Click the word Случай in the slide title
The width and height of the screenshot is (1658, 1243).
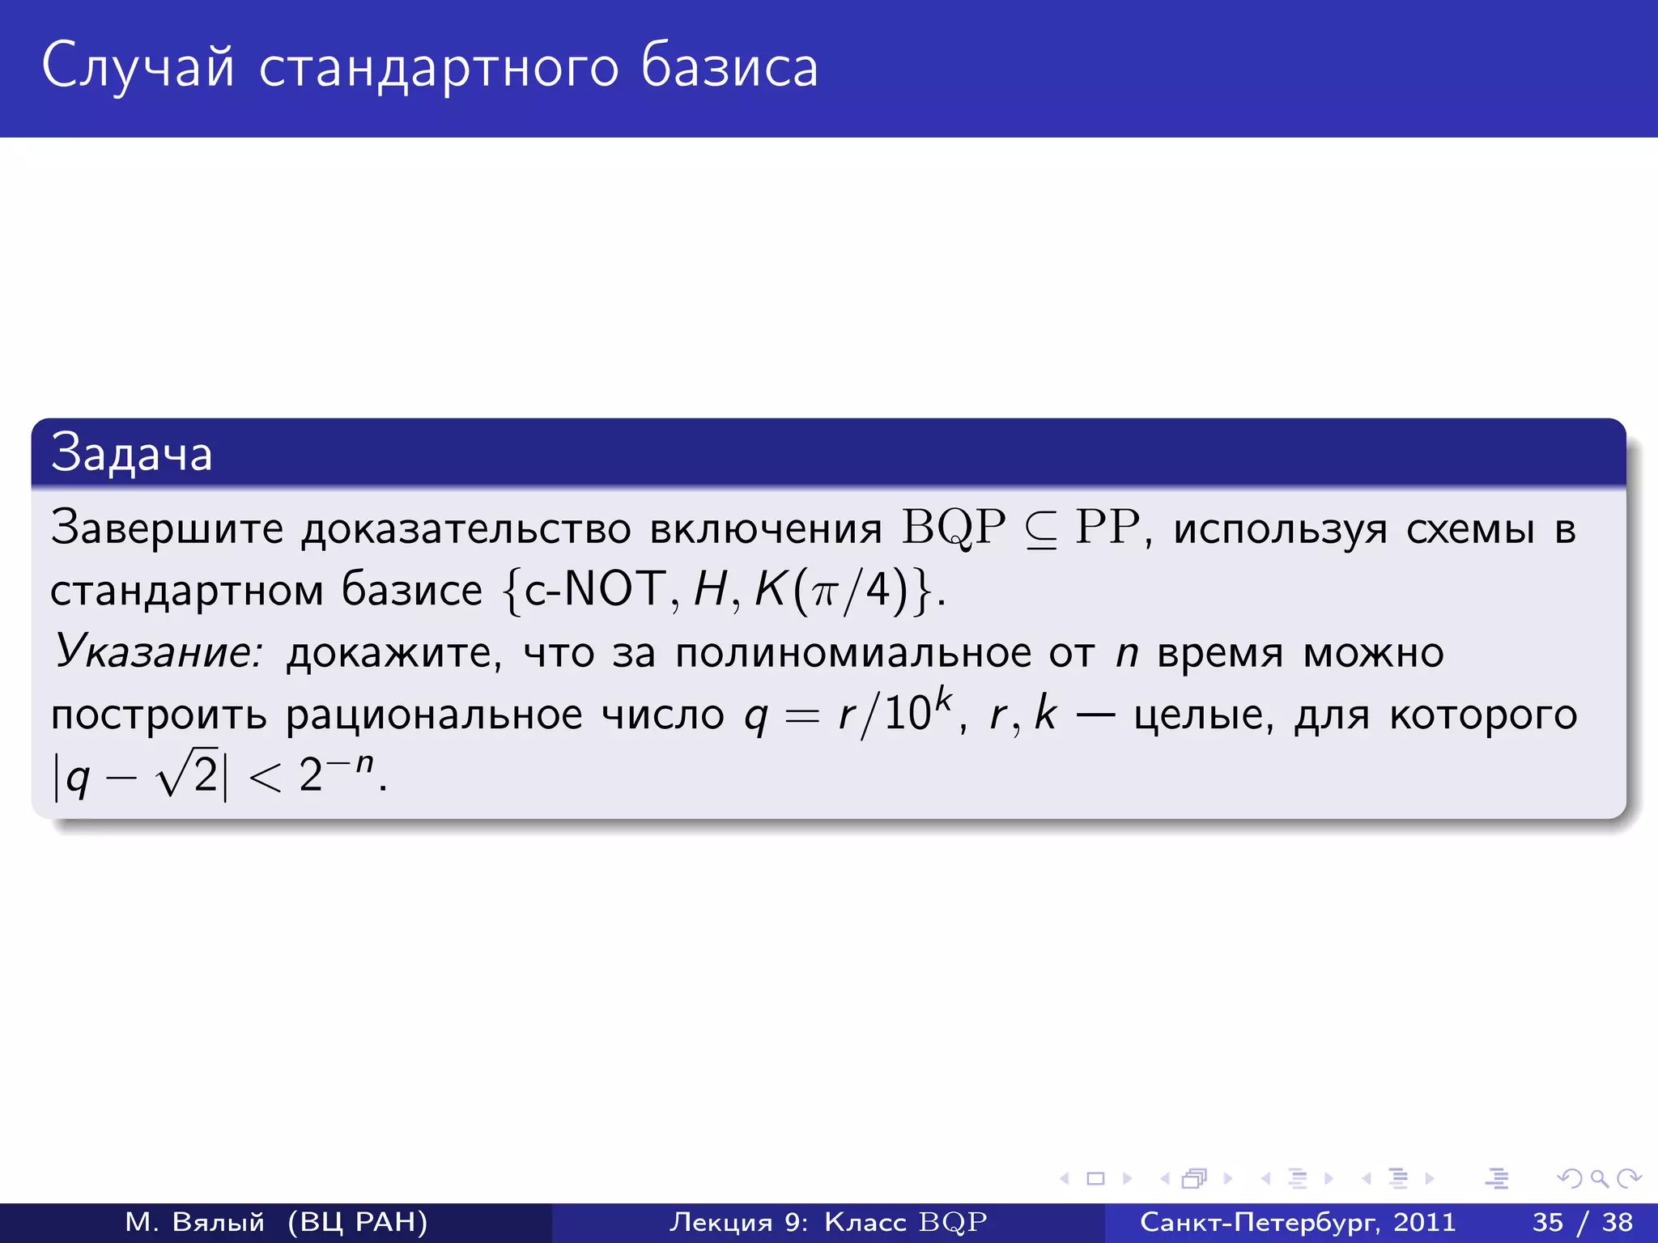[138, 66]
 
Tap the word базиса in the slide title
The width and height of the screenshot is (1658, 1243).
[729, 66]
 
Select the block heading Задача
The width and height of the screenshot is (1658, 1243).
[131, 453]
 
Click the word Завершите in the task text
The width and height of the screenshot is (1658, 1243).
[167, 528]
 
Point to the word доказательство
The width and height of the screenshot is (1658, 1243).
[466, 529]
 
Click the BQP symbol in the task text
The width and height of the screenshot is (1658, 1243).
[954, 528]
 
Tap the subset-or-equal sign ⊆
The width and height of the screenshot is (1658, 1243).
[1041, 531]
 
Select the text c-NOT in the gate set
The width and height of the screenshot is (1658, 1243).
[594, 589]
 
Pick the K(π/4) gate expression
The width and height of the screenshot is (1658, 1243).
[834, 589]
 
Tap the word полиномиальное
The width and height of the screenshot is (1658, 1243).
[852, 652]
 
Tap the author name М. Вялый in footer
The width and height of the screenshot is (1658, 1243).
[194, 1222]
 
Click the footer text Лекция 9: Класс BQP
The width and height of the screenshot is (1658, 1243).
[827, 1222]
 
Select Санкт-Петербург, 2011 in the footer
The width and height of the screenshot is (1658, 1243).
[1297, 1222]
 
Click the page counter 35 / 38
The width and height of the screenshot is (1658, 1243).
[1582, 1222]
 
